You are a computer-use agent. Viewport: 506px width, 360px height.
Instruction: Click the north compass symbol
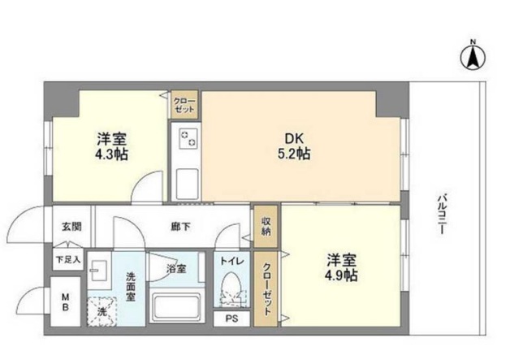tap(472, 56)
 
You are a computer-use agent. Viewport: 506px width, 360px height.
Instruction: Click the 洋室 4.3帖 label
tap(111, 145)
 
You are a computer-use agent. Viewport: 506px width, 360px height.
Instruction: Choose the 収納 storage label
tap(266, 225)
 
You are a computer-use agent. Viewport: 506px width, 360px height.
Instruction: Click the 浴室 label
tap(176, 267)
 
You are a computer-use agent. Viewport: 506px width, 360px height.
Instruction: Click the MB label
tap(67, 302)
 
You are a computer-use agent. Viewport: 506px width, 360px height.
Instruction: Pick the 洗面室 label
tap(130, 286)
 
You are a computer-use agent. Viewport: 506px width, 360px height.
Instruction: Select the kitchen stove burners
tap(188, 139)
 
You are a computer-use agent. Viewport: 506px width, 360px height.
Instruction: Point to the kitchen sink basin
tap(188, 180)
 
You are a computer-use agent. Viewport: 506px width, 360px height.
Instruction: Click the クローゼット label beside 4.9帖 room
tap(266, 289)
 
